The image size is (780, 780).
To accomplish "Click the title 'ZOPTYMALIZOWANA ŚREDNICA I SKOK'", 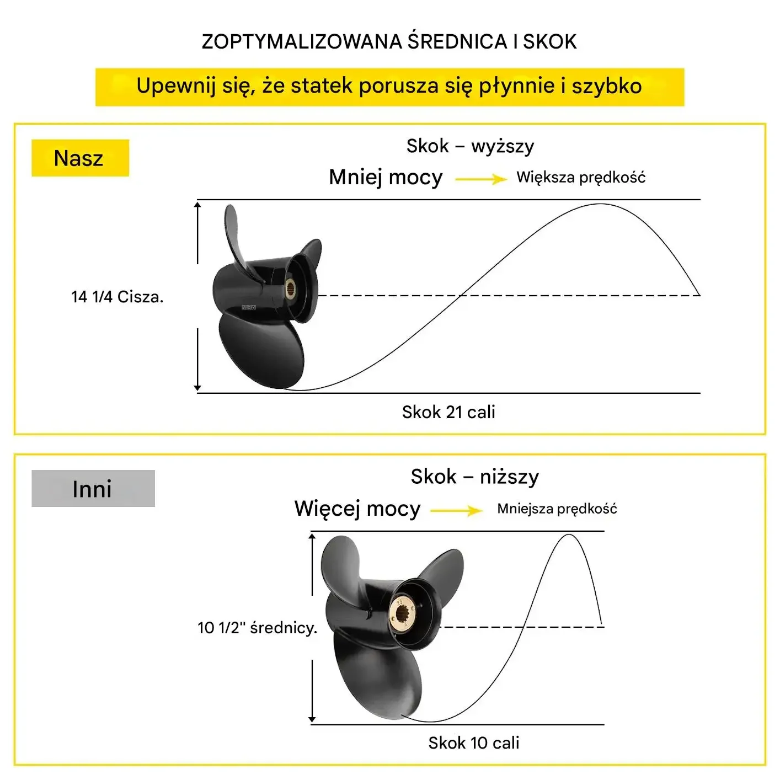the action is tap(389, 42).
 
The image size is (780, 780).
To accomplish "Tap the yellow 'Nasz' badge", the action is tap(80, 158).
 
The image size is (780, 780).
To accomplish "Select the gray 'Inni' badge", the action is tap(93, 488).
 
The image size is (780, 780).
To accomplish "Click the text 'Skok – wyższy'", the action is tap(470, 146).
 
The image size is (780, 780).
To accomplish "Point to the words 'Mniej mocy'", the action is tap(386, 178).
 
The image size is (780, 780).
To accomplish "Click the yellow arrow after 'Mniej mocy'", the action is tap(481, 179).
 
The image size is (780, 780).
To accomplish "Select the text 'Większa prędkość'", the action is tap(581, 178).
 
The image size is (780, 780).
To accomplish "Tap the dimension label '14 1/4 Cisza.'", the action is tap(117, 297).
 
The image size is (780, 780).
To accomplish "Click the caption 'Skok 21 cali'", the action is tap(448, 412).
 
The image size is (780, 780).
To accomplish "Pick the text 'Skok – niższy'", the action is tap(475, 477).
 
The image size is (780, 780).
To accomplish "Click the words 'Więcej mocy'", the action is tap(357, 509).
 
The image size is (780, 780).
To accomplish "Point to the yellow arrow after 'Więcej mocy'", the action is tap(456, 510).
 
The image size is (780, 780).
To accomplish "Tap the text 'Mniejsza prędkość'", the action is tap(557, 509).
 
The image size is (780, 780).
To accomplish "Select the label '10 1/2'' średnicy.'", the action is tap(258, 628).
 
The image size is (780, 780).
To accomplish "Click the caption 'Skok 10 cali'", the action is tap(474, 742).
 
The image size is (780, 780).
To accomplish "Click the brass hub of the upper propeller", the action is tap(290, 288).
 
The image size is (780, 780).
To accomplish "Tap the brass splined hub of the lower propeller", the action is tap(403, 614).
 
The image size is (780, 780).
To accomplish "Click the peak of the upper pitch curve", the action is tap(600, 204).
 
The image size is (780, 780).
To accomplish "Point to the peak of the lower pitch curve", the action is tap(569, 535).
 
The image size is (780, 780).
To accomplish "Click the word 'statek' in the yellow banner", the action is tap(322, 86).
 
